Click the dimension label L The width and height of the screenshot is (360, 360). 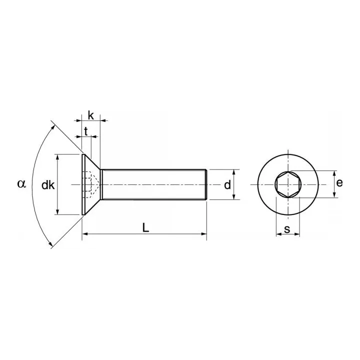145,227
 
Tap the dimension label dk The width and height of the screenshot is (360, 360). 48,185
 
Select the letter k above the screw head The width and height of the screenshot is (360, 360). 90,115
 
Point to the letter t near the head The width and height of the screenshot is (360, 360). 86,132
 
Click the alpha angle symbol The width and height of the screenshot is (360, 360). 21,183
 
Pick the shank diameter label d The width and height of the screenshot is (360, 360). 227,185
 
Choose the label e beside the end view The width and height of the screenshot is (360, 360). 339,183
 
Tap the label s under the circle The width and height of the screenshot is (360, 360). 287,229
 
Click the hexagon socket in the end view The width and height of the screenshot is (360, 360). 287,184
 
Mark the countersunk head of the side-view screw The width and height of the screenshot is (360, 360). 90,185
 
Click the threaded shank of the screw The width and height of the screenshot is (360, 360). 152,185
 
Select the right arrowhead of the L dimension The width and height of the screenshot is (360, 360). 203,233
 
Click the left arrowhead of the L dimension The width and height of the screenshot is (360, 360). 85,233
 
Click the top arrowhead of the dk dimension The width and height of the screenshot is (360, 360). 58,157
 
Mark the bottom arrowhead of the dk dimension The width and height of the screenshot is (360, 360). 58,212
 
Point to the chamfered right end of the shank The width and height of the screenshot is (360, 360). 205,185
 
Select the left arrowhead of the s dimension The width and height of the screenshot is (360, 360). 278,233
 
